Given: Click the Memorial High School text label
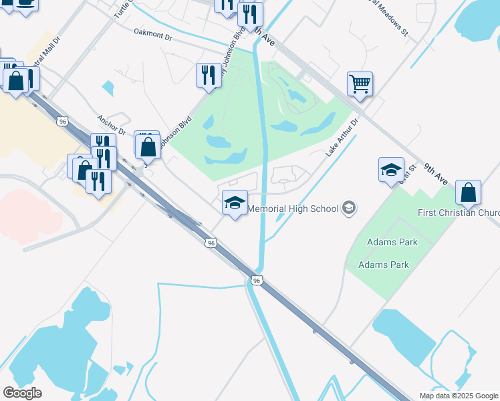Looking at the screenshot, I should tap(293, 209).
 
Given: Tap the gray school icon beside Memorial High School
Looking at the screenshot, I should tap(348, 209).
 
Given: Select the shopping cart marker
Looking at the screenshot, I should tap(360, 84).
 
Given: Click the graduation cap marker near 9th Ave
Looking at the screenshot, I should tap(391, 170).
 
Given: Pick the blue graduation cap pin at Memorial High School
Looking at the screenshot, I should tap(235, 203).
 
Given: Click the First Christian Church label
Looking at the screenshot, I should tap(459, 213).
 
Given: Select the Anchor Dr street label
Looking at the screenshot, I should tap(111, 124).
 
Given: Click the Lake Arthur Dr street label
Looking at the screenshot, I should tap(342, 137).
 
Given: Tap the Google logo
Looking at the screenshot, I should tap(22, 392).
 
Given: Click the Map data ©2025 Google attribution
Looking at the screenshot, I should tap(459, 396).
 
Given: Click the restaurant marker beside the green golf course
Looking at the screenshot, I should tap(208, 75).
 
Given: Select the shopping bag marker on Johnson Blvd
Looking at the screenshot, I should tap(148, 146).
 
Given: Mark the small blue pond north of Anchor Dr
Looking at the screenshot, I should tap(108, 88).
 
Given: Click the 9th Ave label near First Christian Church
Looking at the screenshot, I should tap(438, 174).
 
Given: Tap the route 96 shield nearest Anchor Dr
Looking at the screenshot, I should tap(63, 122).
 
